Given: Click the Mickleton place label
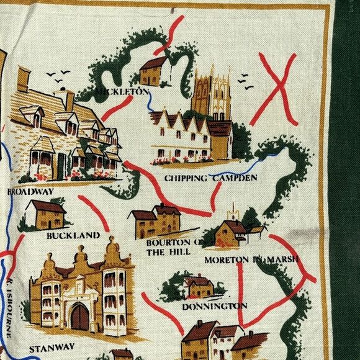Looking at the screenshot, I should [x=122, y=92].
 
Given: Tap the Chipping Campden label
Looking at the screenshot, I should [x=210, y=179].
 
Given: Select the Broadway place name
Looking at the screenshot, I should [x=30, y=192].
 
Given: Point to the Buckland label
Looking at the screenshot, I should [x=73, y=235].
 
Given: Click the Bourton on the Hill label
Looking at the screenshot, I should [x=173, y=247].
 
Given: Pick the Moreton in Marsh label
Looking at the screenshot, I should [x=252, y=258].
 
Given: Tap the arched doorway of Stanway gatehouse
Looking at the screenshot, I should [x=79, y=317].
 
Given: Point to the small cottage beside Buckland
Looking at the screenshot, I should [x=44, y=214].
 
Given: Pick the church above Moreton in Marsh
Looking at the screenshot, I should [x=231, y=230].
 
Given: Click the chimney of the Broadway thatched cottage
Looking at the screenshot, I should [x=24, y=79].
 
